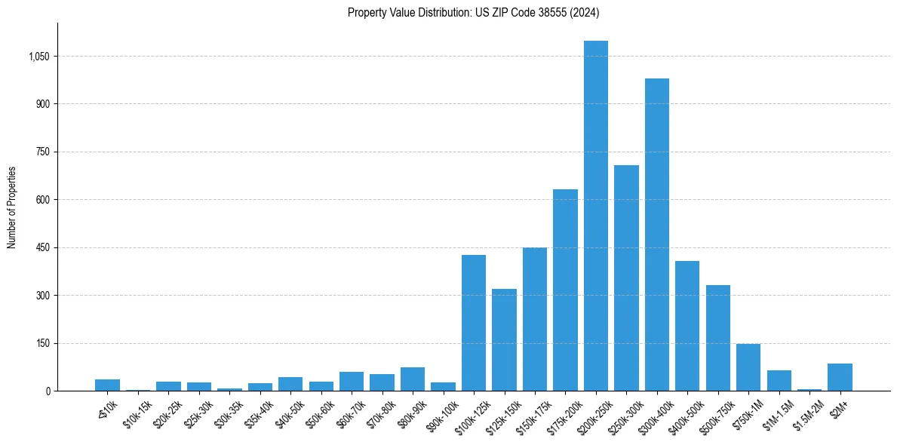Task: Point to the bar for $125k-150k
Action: coord(504,339)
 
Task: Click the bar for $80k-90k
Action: coord(413,379)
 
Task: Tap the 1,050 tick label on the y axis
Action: coord(37,57)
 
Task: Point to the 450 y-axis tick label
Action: coord(42,247)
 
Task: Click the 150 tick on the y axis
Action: coord(42,343)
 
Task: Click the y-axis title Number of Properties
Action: coord(12,207)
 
